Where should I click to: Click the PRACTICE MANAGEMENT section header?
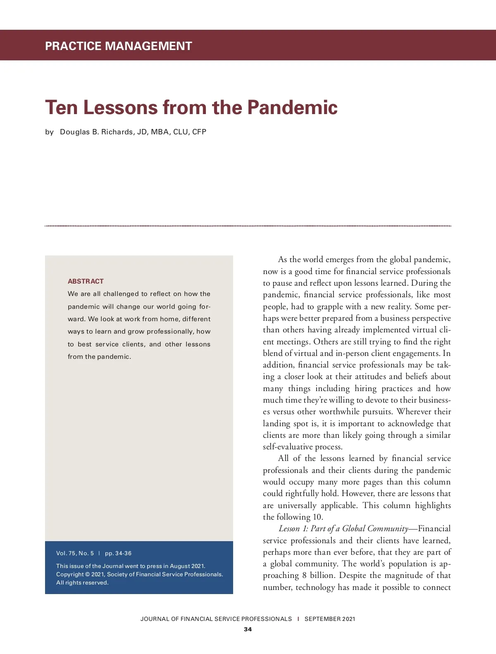click(x=119, y=46)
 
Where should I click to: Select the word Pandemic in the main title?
click(x=292, y=107)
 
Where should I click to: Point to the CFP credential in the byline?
click(x=199, y=132)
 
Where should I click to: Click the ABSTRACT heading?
click(x=86, y=281)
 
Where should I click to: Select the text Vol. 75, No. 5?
click(x=75, y=553)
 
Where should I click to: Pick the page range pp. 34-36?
click(x=118, y=553)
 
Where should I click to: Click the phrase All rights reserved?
click(x=82, y=582)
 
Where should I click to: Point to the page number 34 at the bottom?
click(x=248, y=629)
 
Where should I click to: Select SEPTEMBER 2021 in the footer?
click(x=330, y=619)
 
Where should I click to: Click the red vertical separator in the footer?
click(x=298, y=619)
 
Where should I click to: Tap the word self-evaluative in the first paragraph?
click(x=288, y=446)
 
